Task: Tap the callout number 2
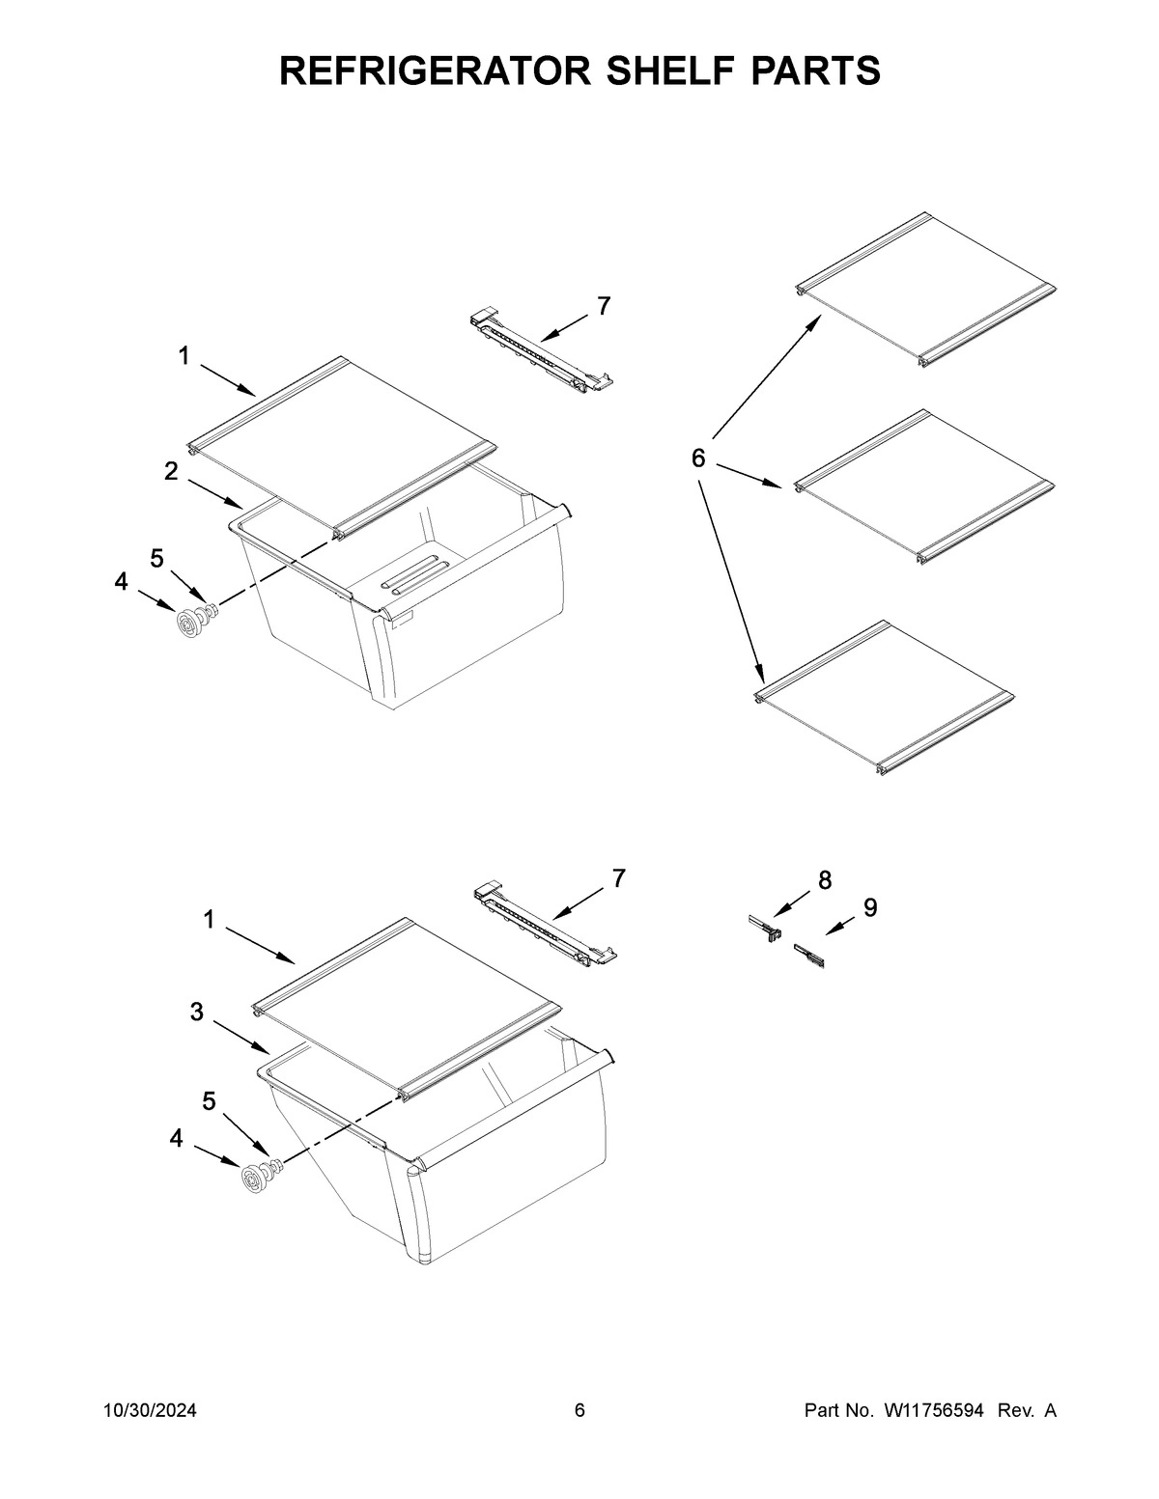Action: pyautogui.click(x=171, y=472)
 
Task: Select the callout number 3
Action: pyautogui.click(x=197, y=1012)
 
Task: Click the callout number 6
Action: pyautogui.click(x=698, y=458)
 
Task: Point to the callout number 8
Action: pyautogui.click(x=825, y=879)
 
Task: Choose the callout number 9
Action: pyautogui.click(x=870, y=907)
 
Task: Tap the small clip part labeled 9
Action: pyautogui.click(x=807, y=958)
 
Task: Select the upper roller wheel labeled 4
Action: pyautogui.click(x=188, y=623)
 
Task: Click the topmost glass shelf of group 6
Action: pyautogui.click(x=925, y=289)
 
